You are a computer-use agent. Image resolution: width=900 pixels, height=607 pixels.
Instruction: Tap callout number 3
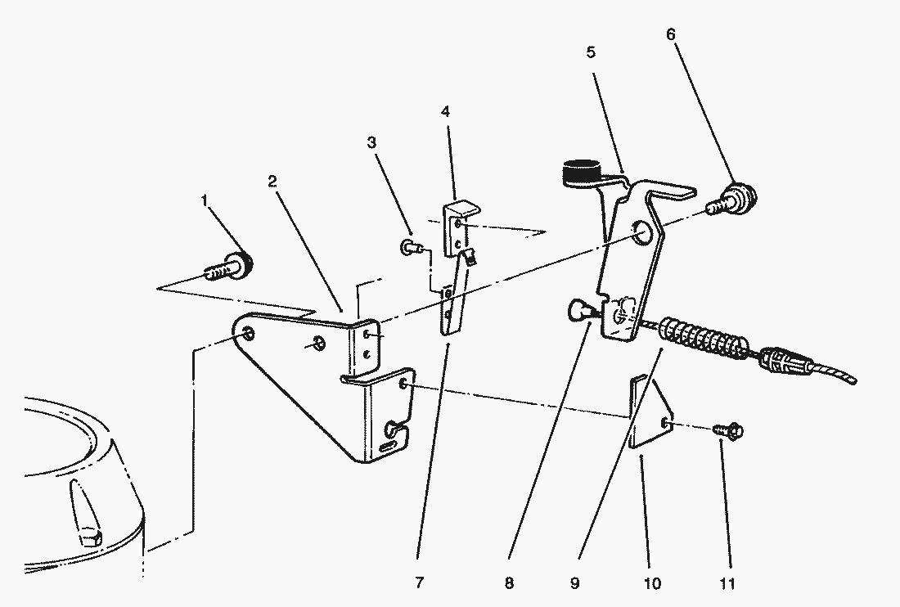(371, 142)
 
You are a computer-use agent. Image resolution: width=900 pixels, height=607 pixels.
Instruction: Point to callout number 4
(444, 110)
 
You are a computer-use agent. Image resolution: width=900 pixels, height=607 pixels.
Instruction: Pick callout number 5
(590, 52)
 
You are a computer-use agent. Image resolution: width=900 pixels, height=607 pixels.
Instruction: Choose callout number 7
(419, 582)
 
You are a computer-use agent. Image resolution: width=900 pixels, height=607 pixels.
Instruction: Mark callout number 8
(510, 583)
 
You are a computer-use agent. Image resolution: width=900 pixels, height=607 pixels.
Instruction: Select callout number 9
(574, 583)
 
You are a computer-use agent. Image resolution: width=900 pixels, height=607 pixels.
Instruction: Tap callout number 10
(653, 583)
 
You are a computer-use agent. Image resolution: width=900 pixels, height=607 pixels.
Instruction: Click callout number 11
(728, 583)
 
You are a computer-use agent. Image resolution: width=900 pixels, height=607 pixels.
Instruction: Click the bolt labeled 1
(228, 267)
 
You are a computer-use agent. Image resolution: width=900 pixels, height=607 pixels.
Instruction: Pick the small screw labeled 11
(727, 428)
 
